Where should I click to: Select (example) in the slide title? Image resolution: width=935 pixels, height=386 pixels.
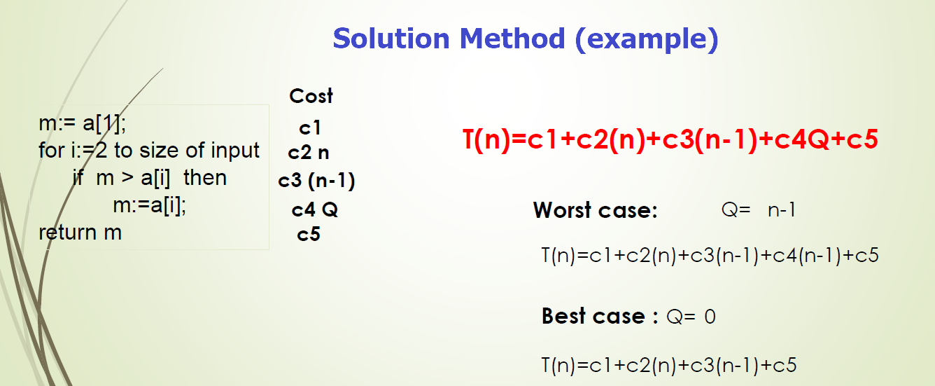[x=646, y=39]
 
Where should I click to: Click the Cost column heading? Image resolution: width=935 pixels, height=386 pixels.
[x=311, y=96]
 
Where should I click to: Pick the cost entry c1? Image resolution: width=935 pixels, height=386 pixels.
[x=309, y=128]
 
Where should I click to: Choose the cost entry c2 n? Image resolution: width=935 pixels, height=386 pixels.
[x=309, y=153]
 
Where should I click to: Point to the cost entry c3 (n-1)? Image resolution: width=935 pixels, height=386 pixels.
[x=316, y=181]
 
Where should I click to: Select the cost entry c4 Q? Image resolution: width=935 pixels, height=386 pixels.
[x=315, y=209]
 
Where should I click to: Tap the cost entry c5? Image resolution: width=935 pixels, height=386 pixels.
[x=309, y=234]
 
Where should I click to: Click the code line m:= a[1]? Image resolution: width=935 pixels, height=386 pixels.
[x=82, y=124]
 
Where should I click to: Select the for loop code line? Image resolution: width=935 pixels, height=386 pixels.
[x=149, y=151]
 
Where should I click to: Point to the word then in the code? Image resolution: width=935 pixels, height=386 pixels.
[x=205, y=178]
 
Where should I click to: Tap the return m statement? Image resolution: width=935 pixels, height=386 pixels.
[x=80, y=233]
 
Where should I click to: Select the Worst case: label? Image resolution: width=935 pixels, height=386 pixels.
[x=595, y=210]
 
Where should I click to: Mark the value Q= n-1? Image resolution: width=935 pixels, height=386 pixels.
[x=758, y=209]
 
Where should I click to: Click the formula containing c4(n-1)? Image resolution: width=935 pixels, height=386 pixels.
[x=710, y=255]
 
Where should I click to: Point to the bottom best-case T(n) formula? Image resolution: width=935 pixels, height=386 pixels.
[x=669, y=365]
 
